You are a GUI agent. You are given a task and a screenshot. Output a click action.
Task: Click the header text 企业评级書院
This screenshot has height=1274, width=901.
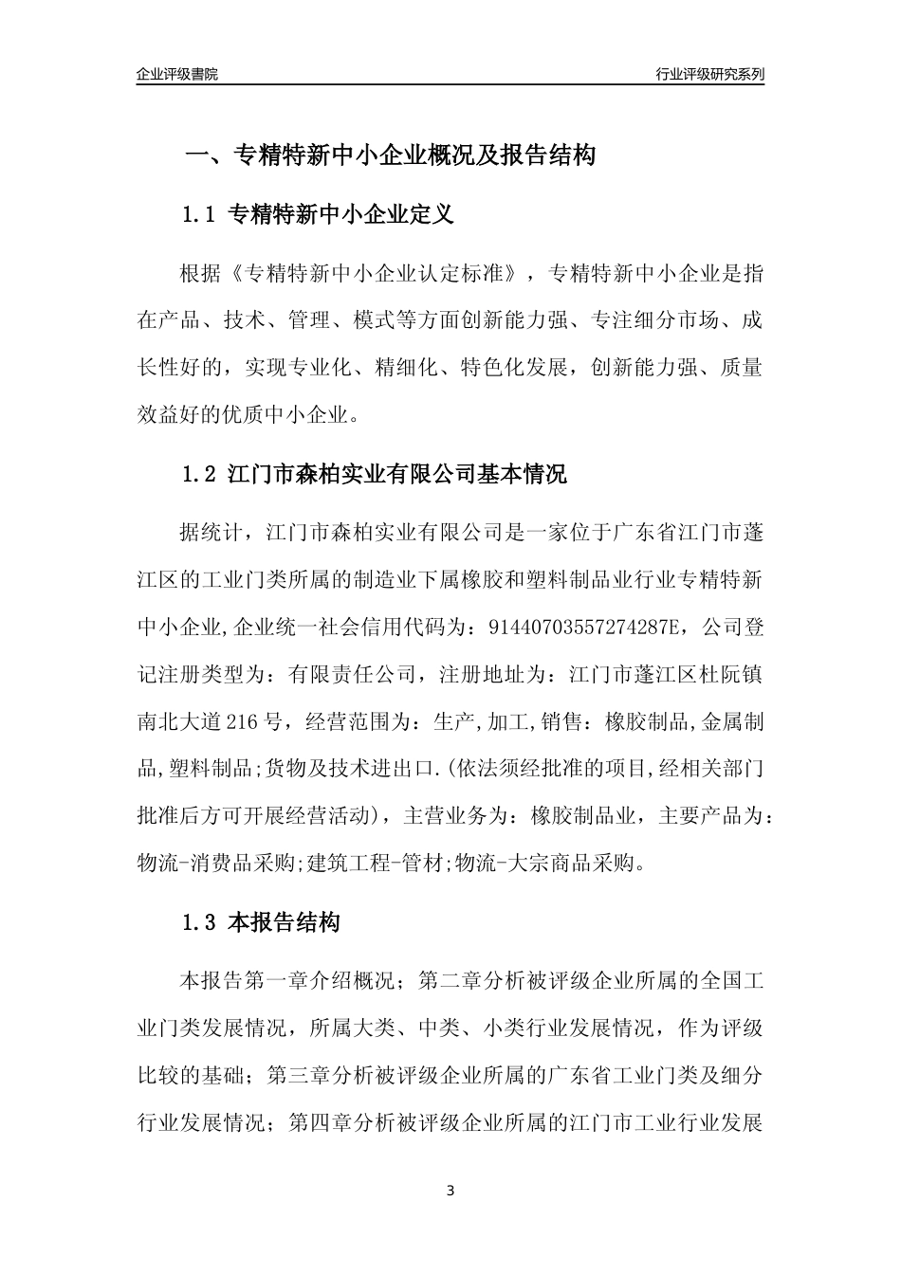tap(177, 74)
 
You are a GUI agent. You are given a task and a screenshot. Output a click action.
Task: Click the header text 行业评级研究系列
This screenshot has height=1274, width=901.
tap(709, 74)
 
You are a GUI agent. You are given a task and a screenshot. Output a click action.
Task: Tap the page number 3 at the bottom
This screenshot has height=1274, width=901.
tap(450, 1191)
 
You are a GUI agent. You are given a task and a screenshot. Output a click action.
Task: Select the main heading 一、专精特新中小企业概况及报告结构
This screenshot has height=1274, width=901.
tap(389, 155)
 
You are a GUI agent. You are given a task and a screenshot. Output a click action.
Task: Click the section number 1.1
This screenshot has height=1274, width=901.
tap(200, 215)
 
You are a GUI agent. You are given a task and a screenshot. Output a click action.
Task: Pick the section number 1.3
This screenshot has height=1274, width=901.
tap(200, 921)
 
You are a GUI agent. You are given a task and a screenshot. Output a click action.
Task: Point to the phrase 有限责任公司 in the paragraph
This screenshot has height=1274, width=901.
tap(353, 675)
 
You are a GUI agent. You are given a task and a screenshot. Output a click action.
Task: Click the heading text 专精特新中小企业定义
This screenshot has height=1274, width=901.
tap(341, 215)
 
